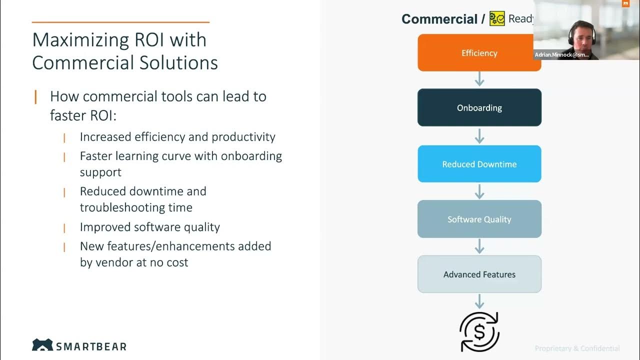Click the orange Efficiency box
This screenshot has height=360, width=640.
(x=479, y=53)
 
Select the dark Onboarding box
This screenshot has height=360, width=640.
(x=479, y=107)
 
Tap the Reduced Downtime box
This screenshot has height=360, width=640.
(x=479, y=164)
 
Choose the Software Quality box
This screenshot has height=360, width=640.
(x=479, y=219)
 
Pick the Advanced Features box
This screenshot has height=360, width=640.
(x=479, y=274)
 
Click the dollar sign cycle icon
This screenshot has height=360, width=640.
(x=479, y=331)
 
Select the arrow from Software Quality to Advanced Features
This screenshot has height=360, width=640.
(x=479, y=246)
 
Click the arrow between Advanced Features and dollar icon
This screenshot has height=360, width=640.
(x=479, y=301)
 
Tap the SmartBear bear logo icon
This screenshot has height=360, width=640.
(x=42, y=345)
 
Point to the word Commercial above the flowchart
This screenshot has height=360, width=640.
(x=439, y=19)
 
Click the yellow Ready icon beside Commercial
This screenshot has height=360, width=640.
(x=497, y=19)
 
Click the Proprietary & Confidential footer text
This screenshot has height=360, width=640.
(x=577, y=348)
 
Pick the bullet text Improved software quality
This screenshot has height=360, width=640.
(x=150, y=227)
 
